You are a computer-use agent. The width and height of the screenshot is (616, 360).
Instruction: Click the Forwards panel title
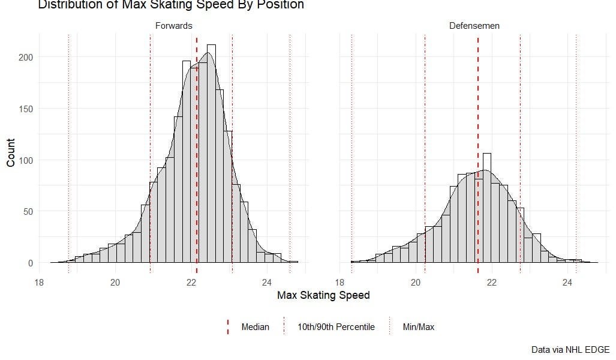coord(173,26)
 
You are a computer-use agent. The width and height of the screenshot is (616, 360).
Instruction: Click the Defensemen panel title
coord(474,26)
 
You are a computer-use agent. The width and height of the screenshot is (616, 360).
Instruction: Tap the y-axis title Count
coord(11,152)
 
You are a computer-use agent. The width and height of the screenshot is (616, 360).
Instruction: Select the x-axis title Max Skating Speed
coord(323,295)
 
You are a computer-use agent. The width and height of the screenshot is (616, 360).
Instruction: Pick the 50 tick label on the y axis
coord(28,211)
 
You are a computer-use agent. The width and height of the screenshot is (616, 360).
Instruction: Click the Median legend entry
coord(255,327)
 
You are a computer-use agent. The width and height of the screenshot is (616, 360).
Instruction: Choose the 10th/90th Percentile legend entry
coord(336,327)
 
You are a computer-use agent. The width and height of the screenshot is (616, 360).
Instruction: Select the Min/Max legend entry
coord(418,327)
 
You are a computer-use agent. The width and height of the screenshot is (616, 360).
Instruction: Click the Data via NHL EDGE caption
coord(570,349)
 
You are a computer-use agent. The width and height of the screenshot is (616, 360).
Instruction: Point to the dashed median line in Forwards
coord(197,150)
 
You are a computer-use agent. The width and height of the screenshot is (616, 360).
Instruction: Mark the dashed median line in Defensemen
coord(478,150)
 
